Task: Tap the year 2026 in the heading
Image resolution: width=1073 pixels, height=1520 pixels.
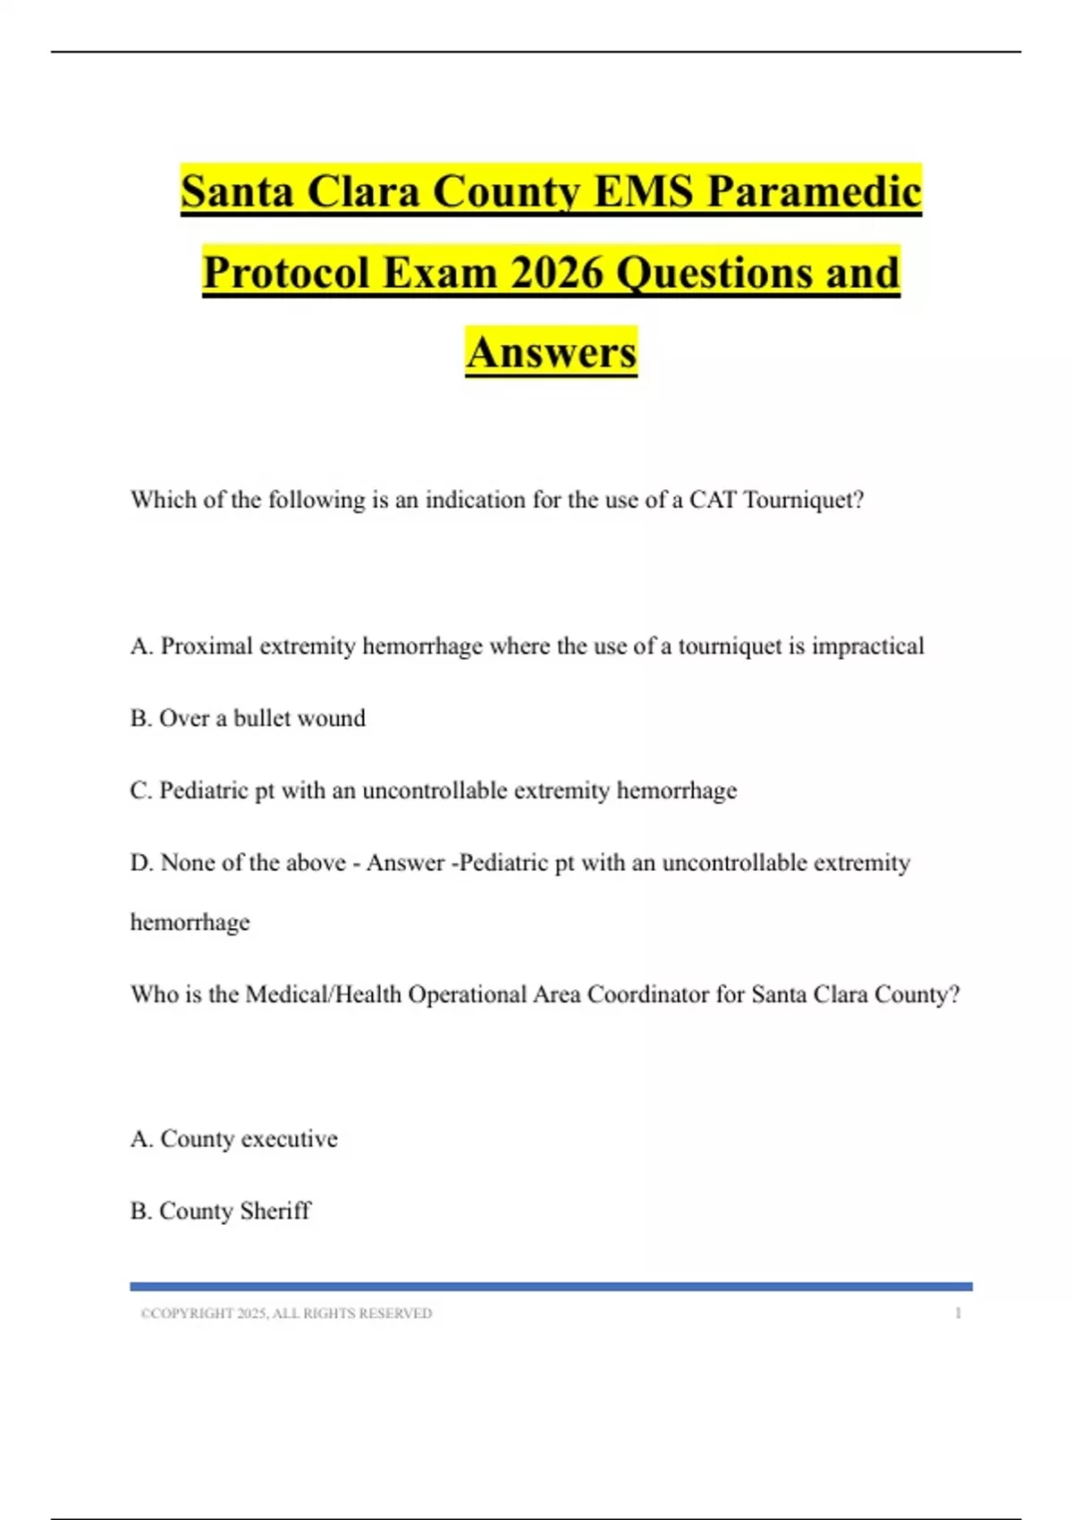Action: [557, 272]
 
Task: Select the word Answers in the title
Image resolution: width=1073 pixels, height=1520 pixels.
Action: [551, 352]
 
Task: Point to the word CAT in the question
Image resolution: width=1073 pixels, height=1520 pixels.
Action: [712, 500]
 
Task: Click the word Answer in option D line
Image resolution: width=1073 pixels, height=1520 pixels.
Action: [405, 863]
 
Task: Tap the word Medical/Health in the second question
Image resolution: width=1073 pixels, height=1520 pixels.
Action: [323, 995]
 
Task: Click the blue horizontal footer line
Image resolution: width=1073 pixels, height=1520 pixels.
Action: [551, 1287]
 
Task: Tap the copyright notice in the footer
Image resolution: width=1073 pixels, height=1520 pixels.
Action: [286, 1313]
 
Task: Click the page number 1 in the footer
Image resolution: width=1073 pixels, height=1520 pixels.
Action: [958, 1313]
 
